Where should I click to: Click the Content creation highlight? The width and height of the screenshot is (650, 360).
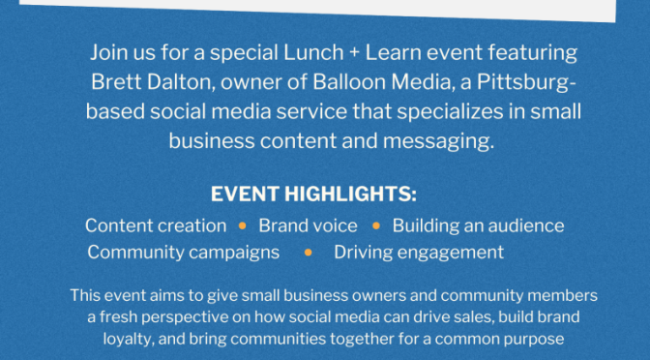coord(156,225)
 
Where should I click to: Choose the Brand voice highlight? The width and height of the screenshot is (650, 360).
coord(308,225)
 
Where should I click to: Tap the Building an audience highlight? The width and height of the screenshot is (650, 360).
coord(478,225)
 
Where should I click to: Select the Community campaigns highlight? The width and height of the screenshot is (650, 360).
coord(183,253)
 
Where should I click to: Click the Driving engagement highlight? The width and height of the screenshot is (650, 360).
coord(419,253)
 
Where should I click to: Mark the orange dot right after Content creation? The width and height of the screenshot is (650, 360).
coord(242,226)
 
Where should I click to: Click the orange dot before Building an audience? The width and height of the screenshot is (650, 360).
coord(375,226)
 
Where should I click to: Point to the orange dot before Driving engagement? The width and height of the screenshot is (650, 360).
coord(308,254)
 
